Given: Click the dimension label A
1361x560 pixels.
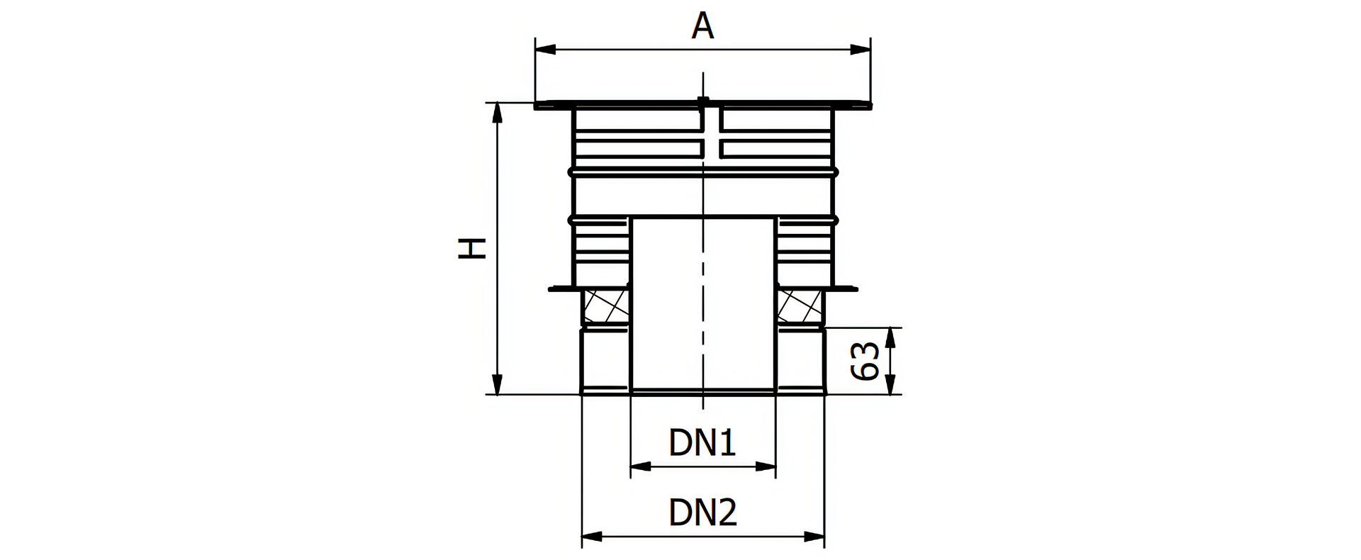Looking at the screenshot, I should pos(702,26).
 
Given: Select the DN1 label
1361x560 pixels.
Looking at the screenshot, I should pos(702,443).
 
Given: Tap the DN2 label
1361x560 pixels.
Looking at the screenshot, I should pos(702,513).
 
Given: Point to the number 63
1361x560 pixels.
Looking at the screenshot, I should pos(866,361).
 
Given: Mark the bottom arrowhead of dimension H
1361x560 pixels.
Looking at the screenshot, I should pos(498,385).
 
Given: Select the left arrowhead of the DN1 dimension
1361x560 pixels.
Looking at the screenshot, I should pos(640,466).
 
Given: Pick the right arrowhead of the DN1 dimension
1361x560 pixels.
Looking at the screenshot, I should pos(766,466).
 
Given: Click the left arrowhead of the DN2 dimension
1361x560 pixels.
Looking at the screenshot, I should pos(591,537).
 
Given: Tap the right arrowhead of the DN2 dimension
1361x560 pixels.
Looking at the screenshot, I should pos(815,537).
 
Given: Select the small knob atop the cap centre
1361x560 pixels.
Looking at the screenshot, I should pos(702,101).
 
